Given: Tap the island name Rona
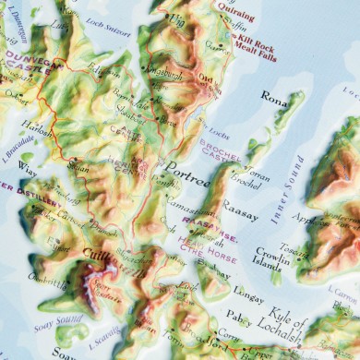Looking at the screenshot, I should point(274,94).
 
